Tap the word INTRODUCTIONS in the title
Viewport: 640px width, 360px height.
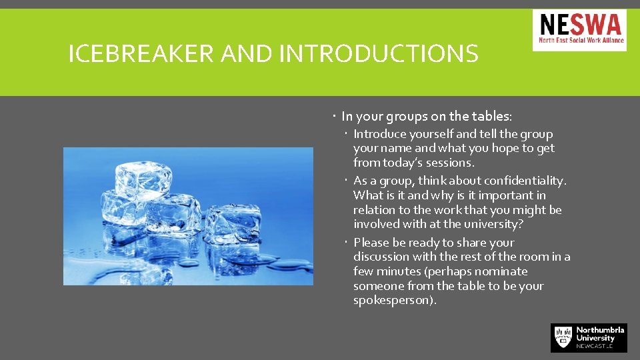pos(379,53)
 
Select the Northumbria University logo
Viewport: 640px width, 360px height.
pos(589,338)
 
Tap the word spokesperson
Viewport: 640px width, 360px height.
pos(394,300)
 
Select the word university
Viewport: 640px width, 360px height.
pos(492,224)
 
